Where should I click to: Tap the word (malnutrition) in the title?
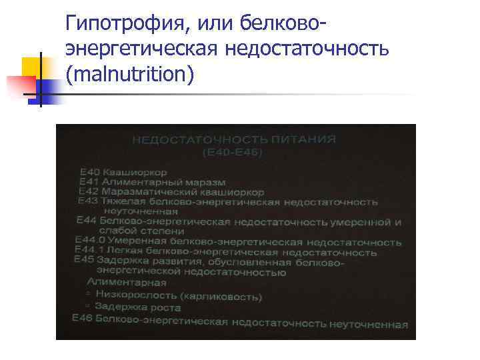click(131, 73)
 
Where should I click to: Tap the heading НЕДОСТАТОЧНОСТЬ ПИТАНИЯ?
click(234, 140)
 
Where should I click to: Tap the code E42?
click(88, 191)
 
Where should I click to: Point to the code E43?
click(87, 200)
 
